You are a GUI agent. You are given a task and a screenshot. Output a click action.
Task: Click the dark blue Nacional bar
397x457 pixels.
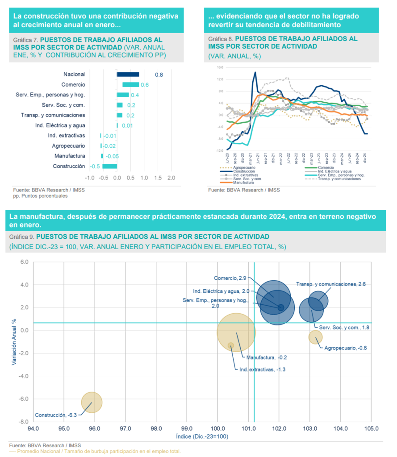(x=128, y=75)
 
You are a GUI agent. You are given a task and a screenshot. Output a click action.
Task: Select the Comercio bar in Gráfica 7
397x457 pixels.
(x=130, y=85)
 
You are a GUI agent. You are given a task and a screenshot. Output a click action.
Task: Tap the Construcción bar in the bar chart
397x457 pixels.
(x=110, y=166)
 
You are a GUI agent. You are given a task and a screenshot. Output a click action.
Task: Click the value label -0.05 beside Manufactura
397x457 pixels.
(x=112, y=156)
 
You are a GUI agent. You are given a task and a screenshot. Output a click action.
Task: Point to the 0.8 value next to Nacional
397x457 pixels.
(x=159, y=75)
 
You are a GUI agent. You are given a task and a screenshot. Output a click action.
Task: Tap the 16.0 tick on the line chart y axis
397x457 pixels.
(x=220, y=68)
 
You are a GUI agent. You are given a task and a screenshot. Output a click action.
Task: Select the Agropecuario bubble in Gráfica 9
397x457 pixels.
(x=315, y=337)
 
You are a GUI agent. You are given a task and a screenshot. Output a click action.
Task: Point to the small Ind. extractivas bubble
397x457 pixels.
(x=231, y=345)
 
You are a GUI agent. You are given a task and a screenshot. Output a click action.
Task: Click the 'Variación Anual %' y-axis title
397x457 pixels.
(x=14, y=341)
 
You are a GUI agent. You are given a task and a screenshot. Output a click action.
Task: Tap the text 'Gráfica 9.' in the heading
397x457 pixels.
(x=21, y=236)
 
